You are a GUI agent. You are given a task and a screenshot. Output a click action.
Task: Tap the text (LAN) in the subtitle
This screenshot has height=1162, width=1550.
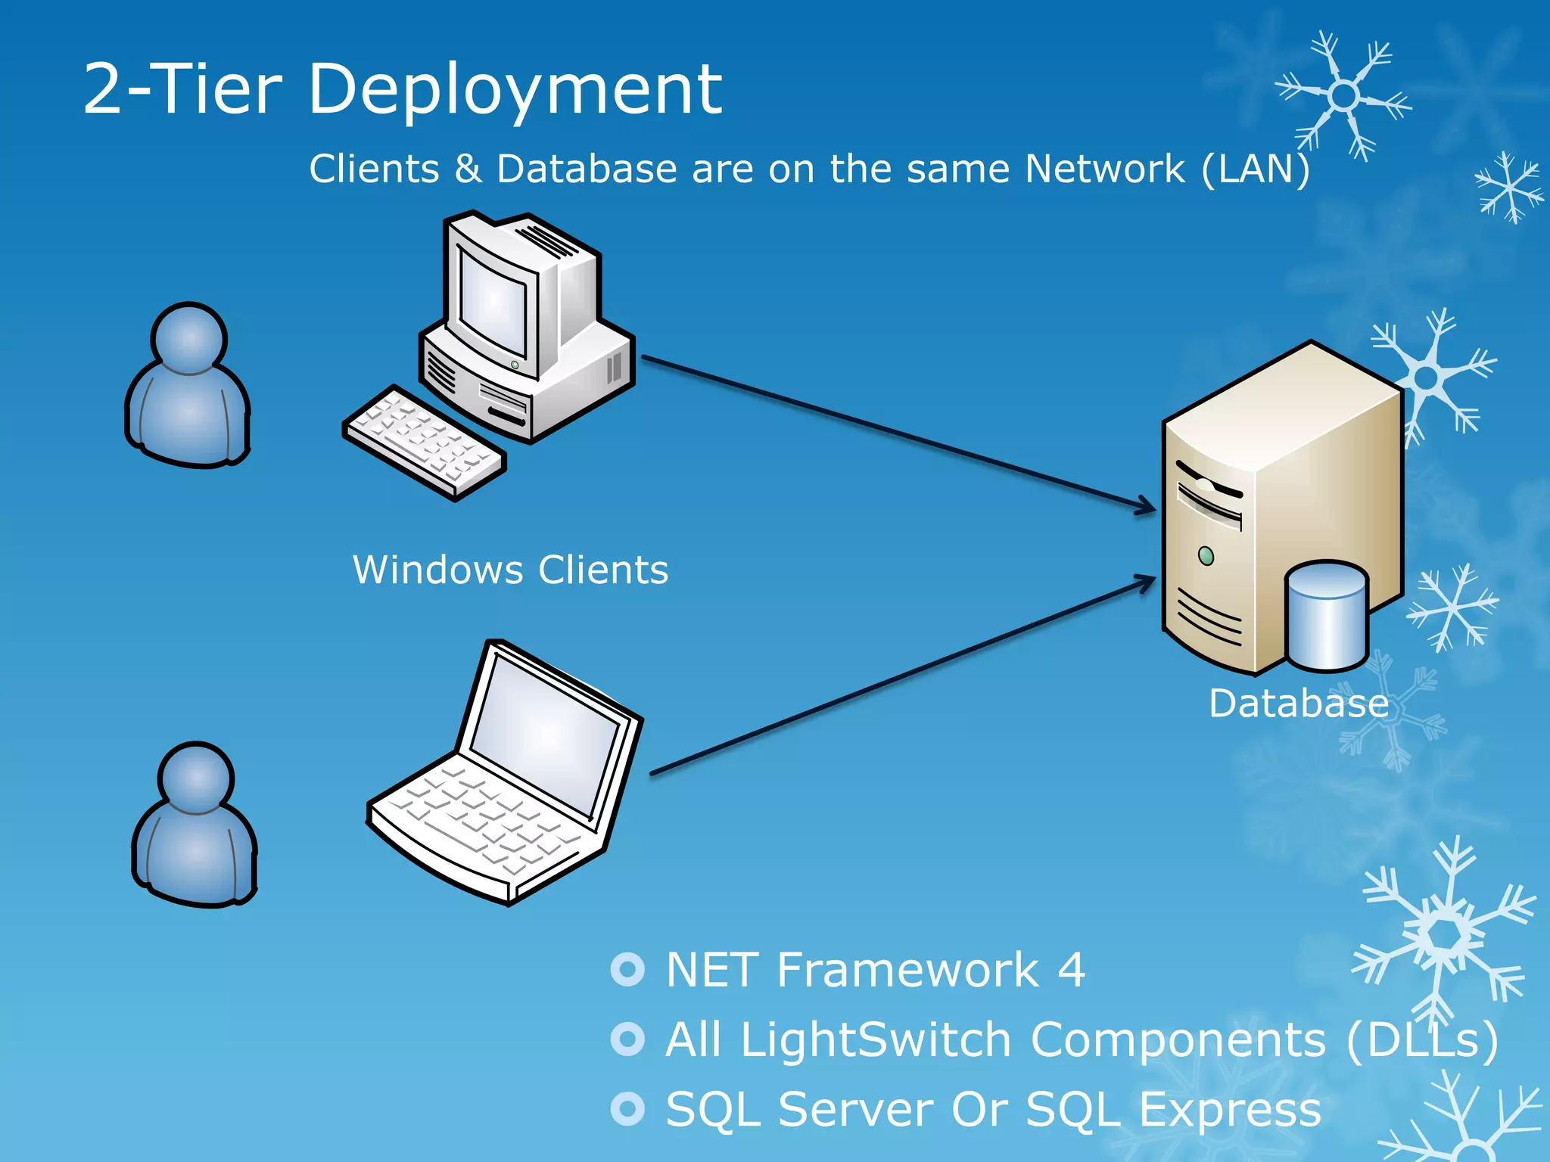pyautogui.click(x=1256, y=169)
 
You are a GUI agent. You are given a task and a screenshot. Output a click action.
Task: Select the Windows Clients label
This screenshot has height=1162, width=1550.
pyautogui.click(x=511, y=570)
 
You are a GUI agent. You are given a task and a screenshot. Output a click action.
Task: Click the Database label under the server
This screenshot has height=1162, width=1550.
pyautogui.click(x=1299, y=704)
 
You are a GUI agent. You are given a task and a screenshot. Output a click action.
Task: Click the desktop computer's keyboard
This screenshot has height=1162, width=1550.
pyautogui.click(x=424, y=443)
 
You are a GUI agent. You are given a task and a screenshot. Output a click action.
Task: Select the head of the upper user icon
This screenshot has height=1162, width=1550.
pyautogui.click(x=188, y=338)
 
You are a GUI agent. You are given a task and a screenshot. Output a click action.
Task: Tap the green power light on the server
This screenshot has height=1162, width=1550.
pyautogui.click(x=1206, y=556)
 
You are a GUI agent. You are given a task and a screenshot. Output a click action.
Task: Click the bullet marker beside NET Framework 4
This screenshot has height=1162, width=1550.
pyautogui.click(x=627, y=969)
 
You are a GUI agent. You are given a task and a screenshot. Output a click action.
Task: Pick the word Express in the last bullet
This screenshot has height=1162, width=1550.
pyautogui.click(x=1230, y=1110)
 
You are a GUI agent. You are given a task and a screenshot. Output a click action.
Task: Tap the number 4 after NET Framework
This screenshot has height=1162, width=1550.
pyautogui.click(x=1071, y=969)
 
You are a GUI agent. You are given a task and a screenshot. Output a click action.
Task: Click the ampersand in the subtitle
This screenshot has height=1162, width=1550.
pyautogui.click(x=468, y=169)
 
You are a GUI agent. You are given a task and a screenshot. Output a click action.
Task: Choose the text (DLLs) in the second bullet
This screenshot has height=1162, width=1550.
pyautogui.click(x=1422, y=1039)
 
